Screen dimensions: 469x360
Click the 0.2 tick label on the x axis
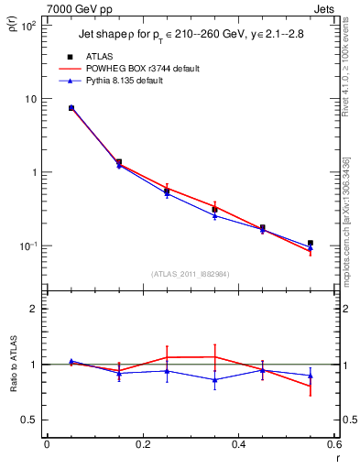142,445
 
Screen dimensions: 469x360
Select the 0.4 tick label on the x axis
238,445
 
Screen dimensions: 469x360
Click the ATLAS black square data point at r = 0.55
311,243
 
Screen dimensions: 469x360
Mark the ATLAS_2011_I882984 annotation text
191,274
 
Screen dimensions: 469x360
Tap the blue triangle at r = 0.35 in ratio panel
214,379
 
